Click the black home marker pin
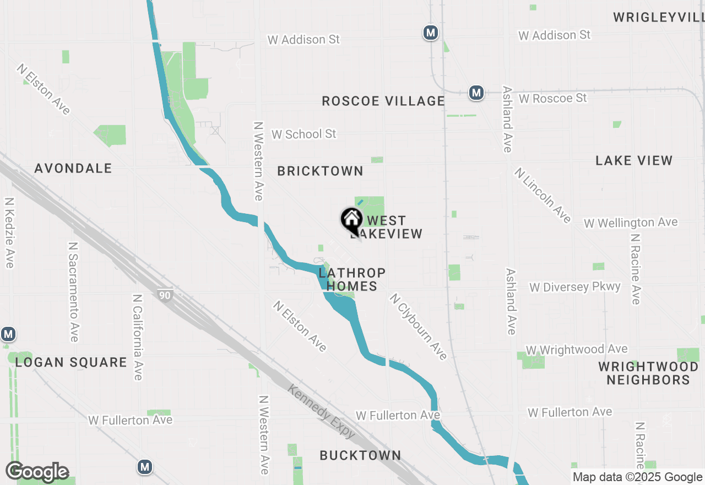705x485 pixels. coord(351,220)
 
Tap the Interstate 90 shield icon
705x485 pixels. coord(165,295)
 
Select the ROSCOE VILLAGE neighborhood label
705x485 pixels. coord(383,101)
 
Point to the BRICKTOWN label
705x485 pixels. coord(320,171)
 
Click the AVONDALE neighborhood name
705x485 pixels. coord(73,169)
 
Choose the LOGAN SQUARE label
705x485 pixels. coord(71,362)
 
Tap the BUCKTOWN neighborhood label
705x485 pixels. coord(361,455)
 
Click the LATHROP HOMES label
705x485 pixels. coord(352,279)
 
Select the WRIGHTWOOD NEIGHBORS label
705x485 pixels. coord(648,373)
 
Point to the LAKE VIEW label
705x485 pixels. coord(634,160)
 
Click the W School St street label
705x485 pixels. coord(303,134)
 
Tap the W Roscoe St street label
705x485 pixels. coord(553,98)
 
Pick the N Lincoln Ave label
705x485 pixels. coord(543,195)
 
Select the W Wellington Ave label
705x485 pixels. coord(631,223)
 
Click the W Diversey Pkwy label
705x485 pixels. coord(575,287)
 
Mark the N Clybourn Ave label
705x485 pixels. coord(418,327)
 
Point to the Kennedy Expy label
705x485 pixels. coord(322,411)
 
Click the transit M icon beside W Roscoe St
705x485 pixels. coord(476,93)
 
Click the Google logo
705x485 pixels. coord(37,472)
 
